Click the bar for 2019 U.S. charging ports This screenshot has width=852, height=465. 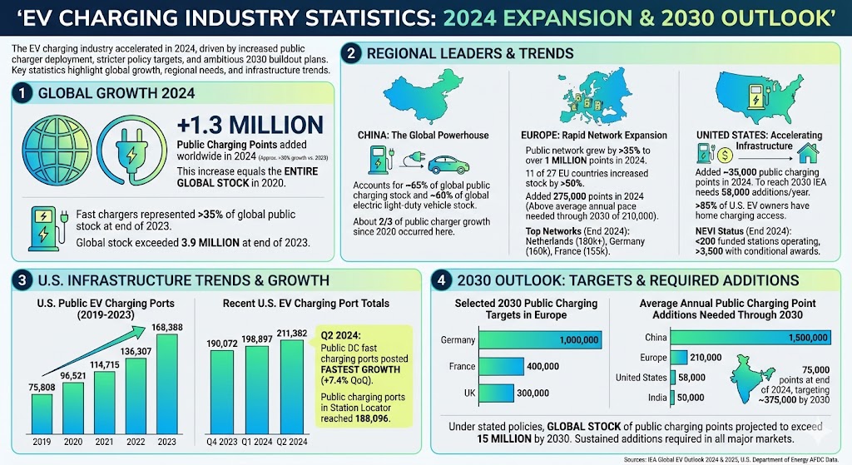point(45,413)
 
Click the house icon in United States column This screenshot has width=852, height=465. point(806,152)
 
